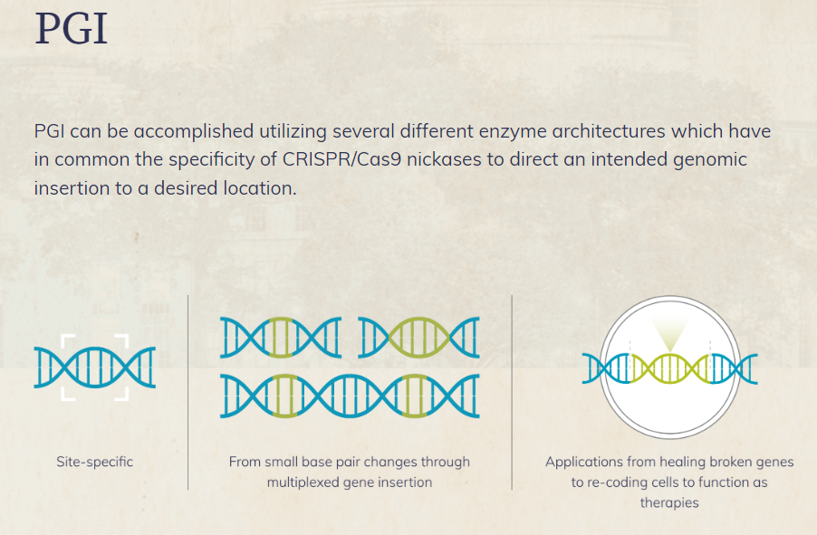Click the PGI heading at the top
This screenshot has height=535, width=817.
tap(72, 29)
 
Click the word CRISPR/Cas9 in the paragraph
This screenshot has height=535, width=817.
tap(341, 159)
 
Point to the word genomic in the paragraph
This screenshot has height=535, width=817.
tap(710, 160)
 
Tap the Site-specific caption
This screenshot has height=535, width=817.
tap(95, 462)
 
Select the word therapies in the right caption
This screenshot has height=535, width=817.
tap(669, 503)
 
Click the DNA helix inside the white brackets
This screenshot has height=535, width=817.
tap(95, 368)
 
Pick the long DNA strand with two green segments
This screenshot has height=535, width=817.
tap(350, 396)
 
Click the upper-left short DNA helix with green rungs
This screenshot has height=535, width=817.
tap(281, 338)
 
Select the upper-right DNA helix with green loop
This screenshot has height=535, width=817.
tap(419, 338)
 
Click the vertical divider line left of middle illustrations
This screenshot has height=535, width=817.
tap(188, 392)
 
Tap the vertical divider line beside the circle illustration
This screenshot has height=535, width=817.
tap(512, 392)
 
